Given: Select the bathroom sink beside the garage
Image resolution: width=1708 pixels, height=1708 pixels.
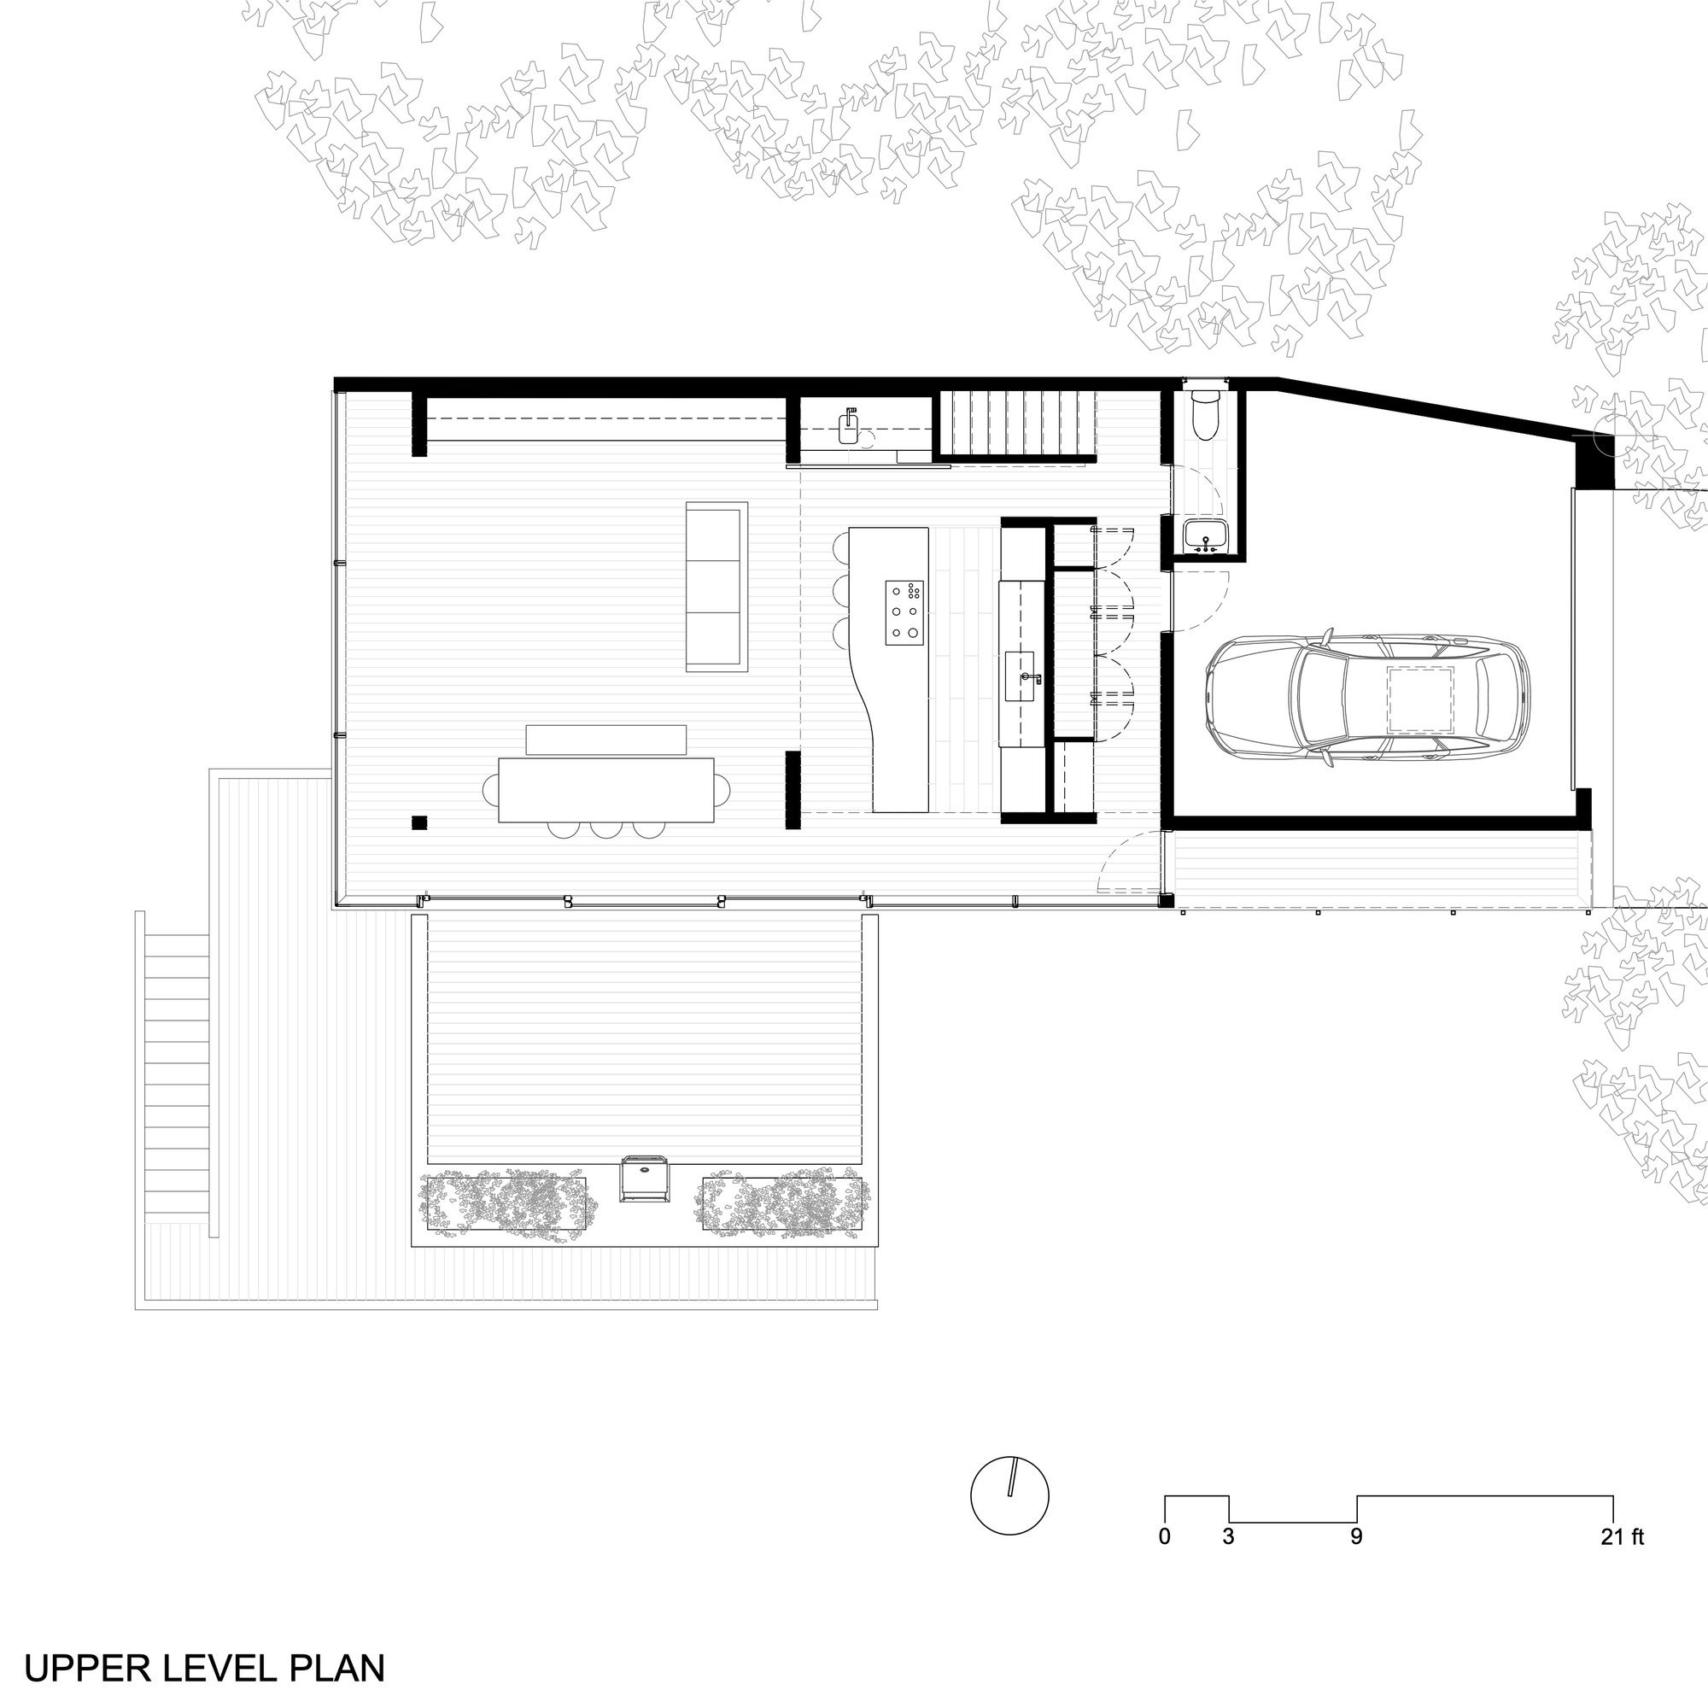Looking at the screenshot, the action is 1205,535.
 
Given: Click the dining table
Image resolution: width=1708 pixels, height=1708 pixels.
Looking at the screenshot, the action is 606,790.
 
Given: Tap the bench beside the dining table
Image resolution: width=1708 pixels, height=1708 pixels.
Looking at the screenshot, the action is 606,740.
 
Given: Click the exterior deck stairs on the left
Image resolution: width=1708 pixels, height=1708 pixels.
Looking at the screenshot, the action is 176,1075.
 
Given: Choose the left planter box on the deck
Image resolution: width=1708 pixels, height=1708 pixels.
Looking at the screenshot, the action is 506,1202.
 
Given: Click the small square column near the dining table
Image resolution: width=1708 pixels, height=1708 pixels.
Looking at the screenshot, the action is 419,823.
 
